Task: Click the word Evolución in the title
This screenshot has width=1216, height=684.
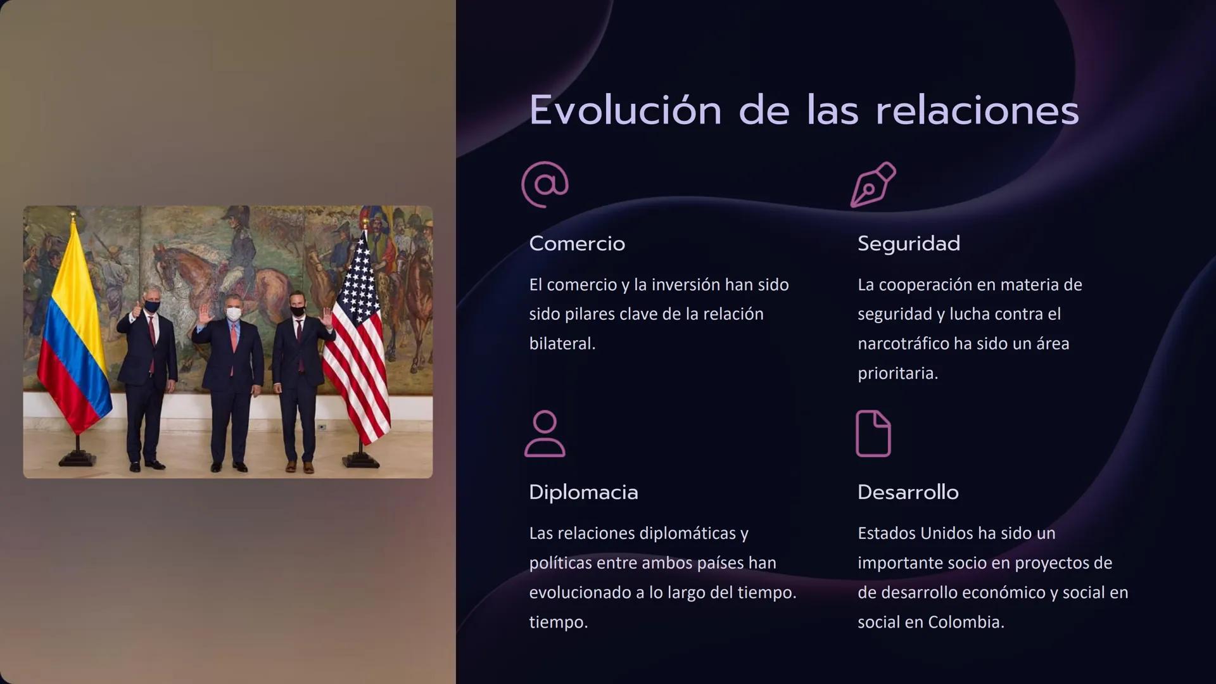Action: [x=625, y=111]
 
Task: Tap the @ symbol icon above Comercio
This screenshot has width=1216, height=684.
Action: [x=545, y=184]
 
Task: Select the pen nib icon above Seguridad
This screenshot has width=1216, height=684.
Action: [x=873, y=184]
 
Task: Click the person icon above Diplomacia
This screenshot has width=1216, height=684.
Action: [x=545, y=434]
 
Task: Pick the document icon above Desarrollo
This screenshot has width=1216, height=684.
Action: [x=873, y=434]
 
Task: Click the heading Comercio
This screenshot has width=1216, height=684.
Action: [x=577, y=244]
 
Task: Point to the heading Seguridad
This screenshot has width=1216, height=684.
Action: [x=908, y=244]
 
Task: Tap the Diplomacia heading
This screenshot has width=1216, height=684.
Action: [x=583, y=493]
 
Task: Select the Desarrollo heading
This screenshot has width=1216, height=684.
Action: [x=908, y=493]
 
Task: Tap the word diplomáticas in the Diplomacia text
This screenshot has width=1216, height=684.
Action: [x=687, y=534]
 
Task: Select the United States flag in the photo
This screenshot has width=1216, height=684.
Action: [x=358, y=342]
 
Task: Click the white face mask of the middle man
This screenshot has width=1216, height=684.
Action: [x=233, y=314]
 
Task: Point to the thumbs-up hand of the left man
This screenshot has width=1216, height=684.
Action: [x=136, y=312]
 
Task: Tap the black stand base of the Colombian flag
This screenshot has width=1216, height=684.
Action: [x=77, y=459]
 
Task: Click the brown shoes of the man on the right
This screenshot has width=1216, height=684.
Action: [x=300, y=467]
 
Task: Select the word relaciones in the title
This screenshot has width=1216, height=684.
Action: [x=977, y=111]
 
